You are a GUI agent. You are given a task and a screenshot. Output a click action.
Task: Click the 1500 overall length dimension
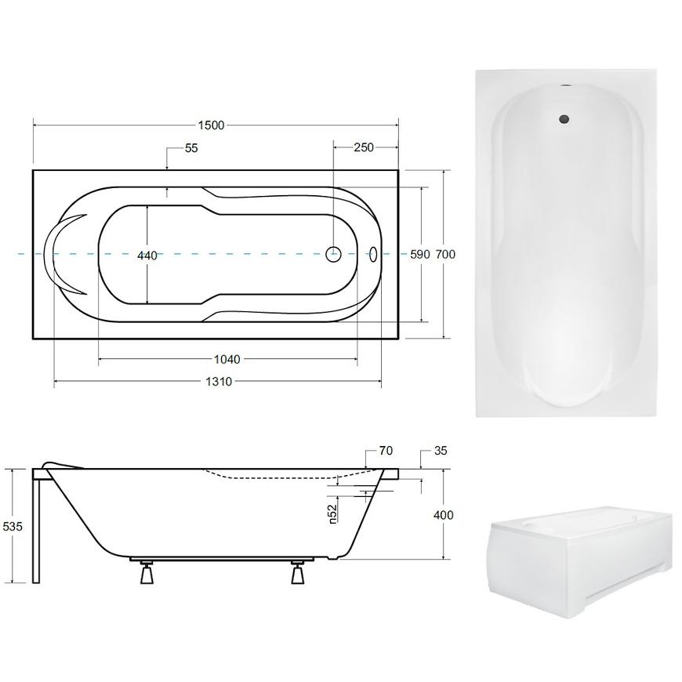[x=211, y=125]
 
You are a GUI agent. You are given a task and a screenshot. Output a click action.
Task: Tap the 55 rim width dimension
[x=191, y=148]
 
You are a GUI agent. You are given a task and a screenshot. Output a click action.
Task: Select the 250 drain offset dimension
[x=364, y=147]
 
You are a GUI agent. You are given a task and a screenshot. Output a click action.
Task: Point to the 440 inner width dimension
[x=147, y=256]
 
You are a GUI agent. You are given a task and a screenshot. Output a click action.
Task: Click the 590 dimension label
[x=419, y=255]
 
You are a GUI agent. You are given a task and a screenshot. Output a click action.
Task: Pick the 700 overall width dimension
[x=445, y=254]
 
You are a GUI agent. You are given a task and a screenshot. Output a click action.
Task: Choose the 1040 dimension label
[x=227, y=359]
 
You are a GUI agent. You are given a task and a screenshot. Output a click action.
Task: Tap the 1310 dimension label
[x=219, y=382]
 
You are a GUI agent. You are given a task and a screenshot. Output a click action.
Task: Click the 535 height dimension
[x=13, y=527]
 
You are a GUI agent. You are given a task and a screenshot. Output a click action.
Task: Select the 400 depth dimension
[x=443, y=515]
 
